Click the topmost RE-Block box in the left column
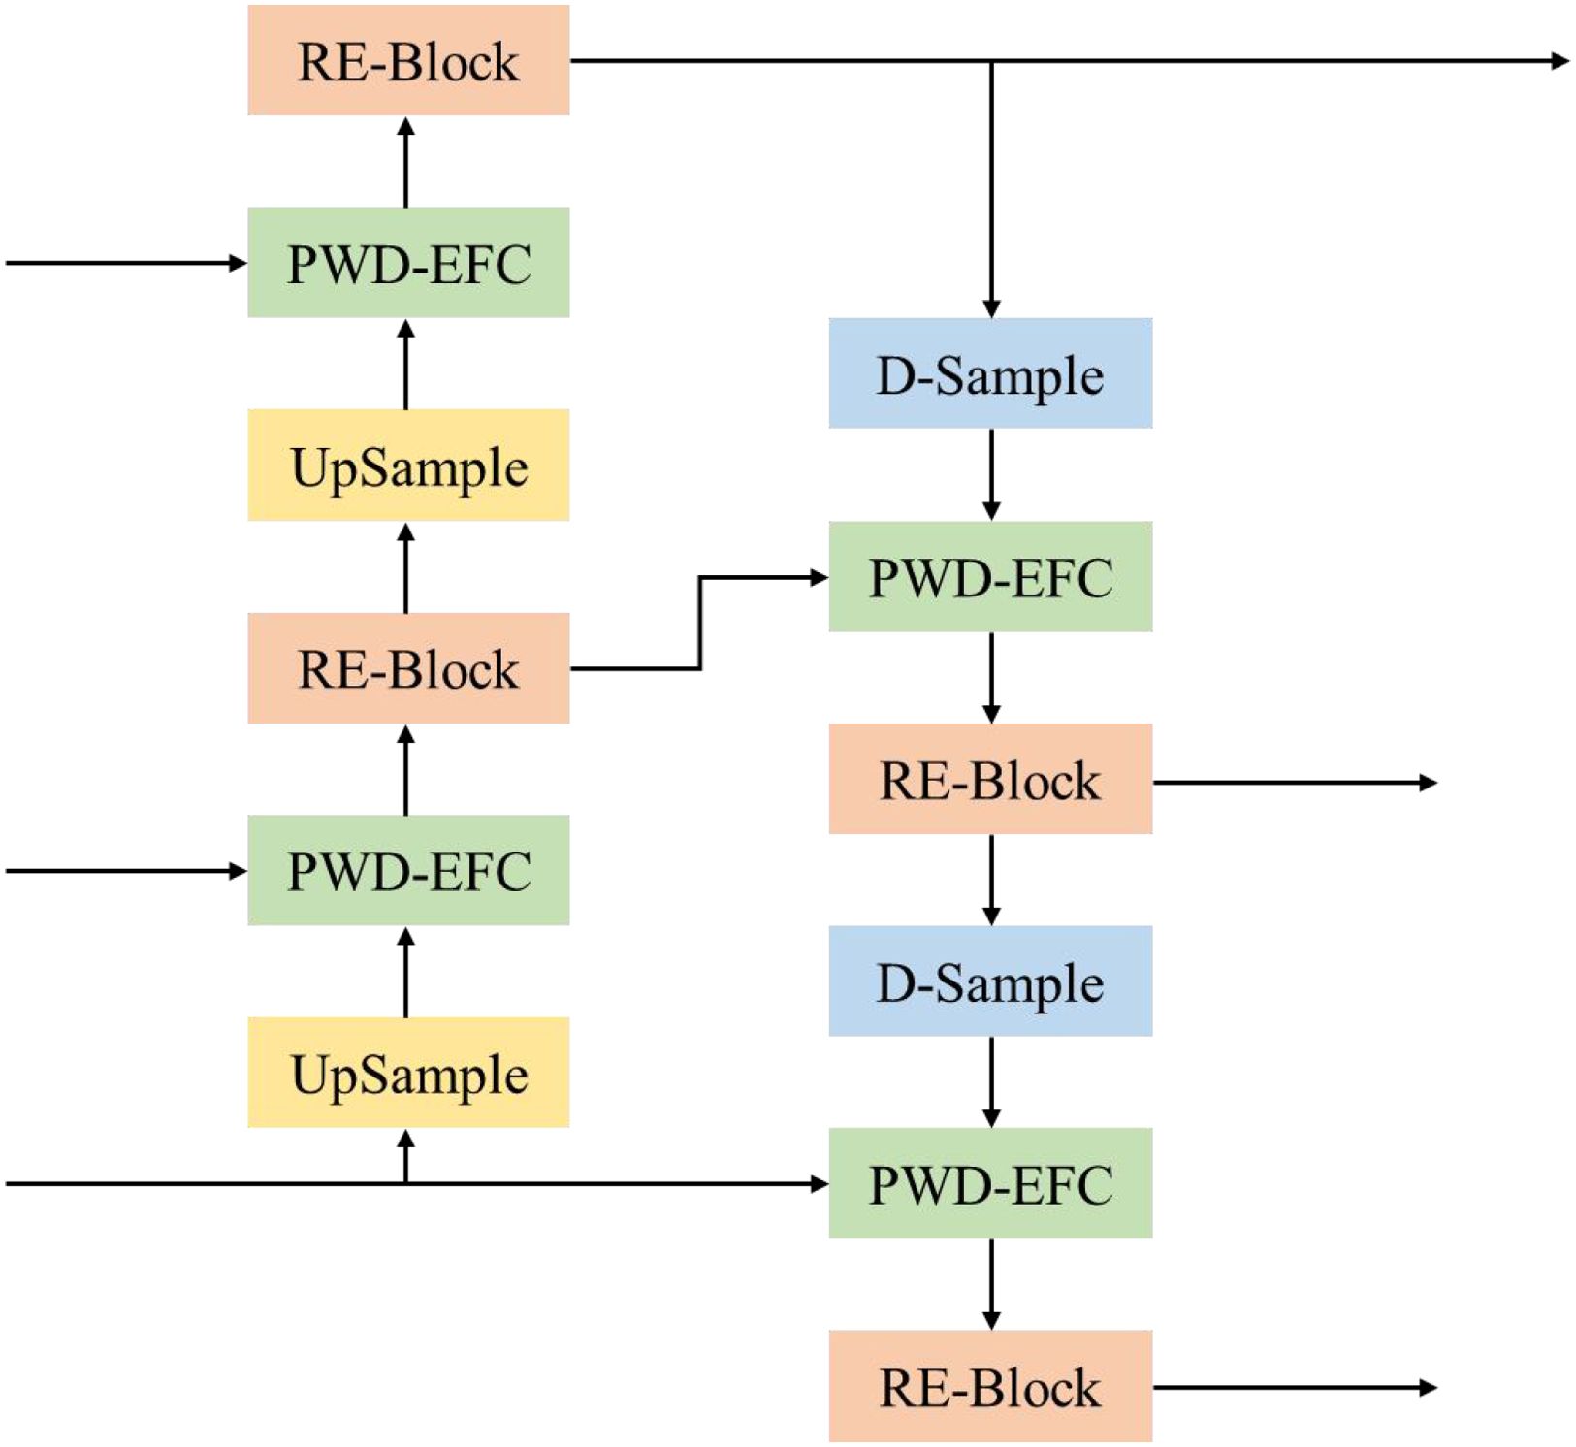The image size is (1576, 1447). click(x=408, y=61)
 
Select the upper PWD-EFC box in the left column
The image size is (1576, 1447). click(x=408, y=263)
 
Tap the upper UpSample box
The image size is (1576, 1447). click(x=408, y=466)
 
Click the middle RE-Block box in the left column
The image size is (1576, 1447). click(x=408, y=668)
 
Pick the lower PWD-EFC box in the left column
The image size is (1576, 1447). click(x=408, y=870)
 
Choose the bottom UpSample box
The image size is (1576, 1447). click(x=408, y=1073)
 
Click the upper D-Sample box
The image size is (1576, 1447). click(x=990, y=373)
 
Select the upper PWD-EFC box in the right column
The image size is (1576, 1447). click(x=990, y=577)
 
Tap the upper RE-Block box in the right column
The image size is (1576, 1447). click(x=990, y=779)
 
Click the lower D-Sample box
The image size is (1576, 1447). click(x=990, y=981)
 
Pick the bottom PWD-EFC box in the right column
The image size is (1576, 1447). click(x=990, y=1183)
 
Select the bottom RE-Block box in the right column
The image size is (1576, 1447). click(x=990, y=1386)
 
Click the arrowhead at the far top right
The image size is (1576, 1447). click(x=1560, y=61)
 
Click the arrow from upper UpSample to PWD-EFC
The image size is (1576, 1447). click(x=406, y=365)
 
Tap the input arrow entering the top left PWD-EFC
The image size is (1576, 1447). click(x=126, y=263)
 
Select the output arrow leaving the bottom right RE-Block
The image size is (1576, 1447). click(x=1295, y=1387)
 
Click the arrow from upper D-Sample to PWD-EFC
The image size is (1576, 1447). click(x=991, y=474)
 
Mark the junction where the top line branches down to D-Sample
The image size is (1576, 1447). click(x=991, y=62)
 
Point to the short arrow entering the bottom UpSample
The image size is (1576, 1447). click(x=406, y=1156)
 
